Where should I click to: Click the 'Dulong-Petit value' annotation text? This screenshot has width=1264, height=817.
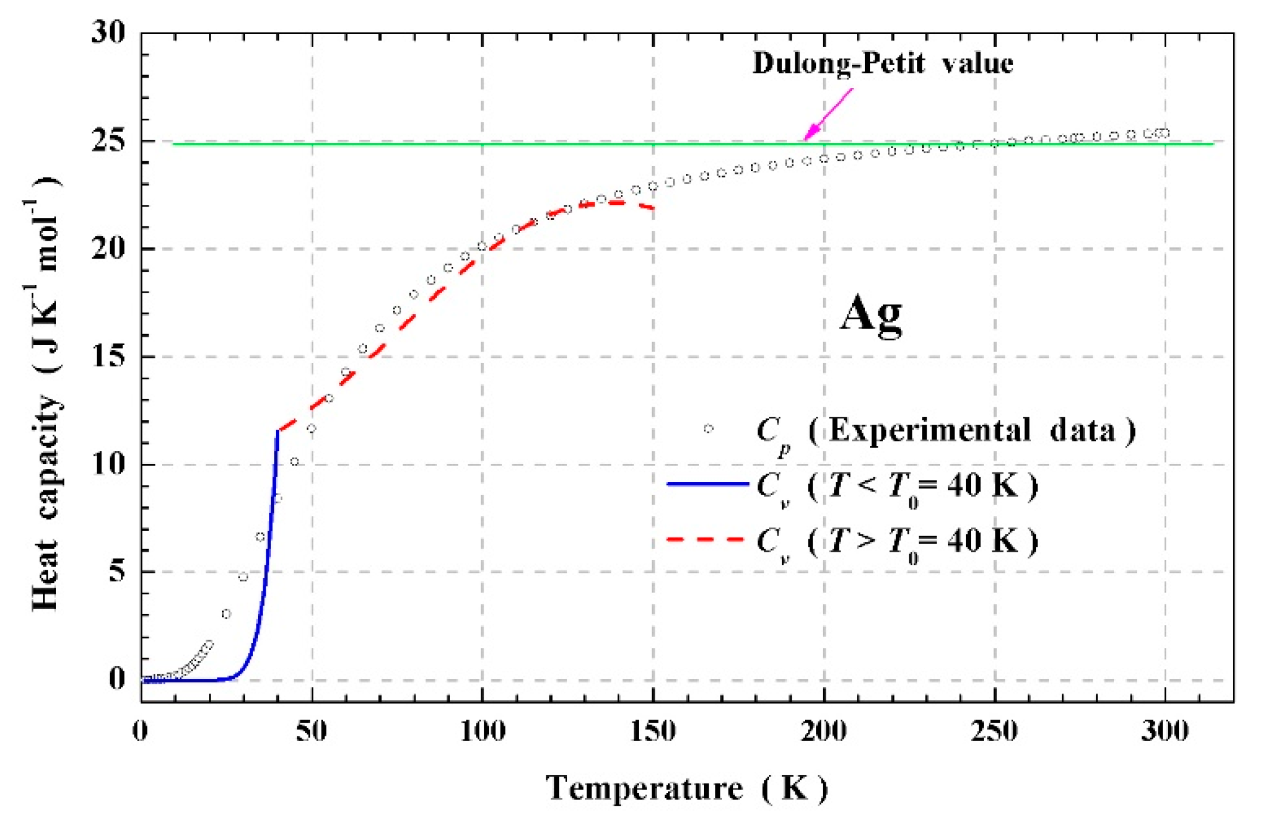click(x=882, y=63)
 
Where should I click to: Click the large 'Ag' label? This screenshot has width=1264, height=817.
click(x=871, y=315)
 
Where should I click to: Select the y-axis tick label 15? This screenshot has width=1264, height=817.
click(x=109, y=357)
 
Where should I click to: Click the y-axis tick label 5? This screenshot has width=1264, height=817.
click(x=117, y=572)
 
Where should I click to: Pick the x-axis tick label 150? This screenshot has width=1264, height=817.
click(x=653, y=731)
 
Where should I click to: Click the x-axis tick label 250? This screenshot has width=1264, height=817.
click(x=994, y=731)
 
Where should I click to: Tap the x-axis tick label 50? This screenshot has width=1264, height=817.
click(x=311, y=731)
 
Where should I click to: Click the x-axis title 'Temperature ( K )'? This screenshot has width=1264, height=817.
click(x=687, y=788)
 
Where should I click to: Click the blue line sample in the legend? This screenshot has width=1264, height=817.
click(x=708, y=484)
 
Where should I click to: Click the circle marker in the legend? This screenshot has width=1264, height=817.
click(x=708, y=429)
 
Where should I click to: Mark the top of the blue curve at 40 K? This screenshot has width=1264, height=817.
click(x=278, y=431)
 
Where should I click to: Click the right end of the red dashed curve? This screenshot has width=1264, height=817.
click(x=653, y=208)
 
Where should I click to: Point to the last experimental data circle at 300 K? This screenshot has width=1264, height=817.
click(x=1164, y=133)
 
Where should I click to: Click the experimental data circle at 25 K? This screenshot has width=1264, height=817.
click(x=226, y=614)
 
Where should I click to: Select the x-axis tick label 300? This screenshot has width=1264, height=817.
click(x=1164, y=731)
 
